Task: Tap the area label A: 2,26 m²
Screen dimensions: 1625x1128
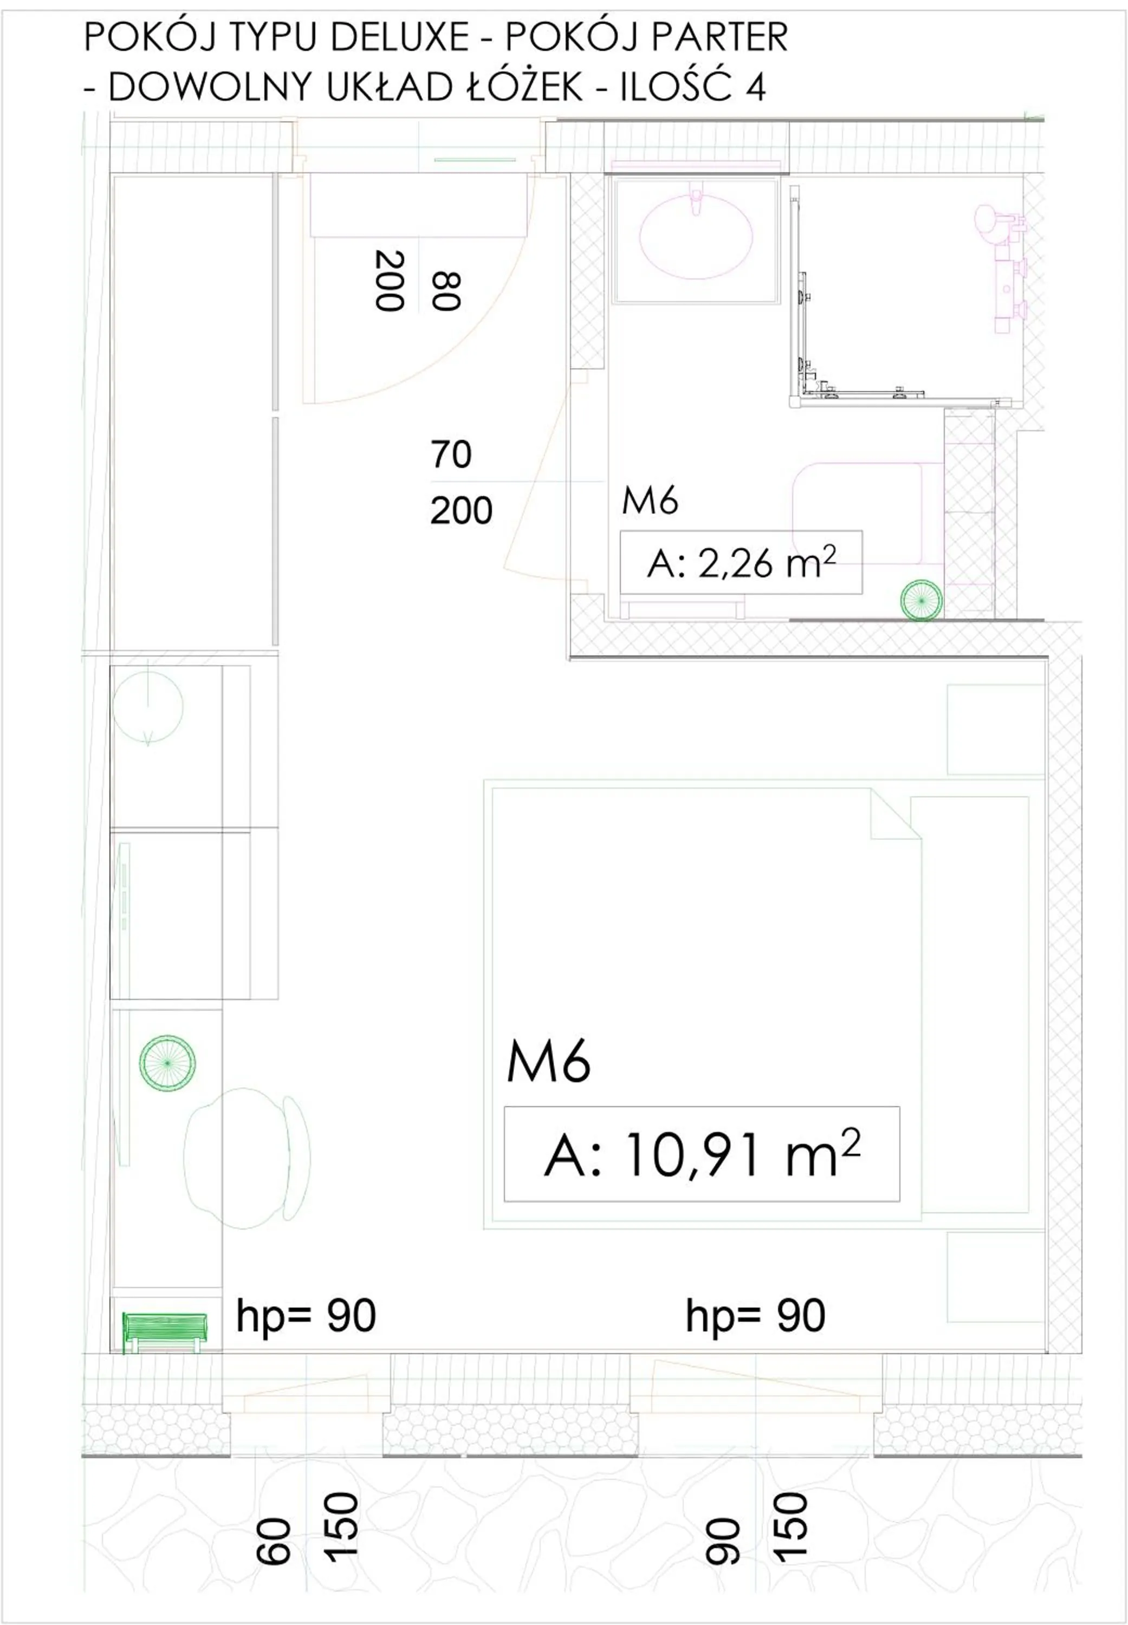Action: click(x=741, y=563)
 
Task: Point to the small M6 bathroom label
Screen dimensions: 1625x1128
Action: click(x=650, y=501)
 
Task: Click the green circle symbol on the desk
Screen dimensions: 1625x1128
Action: click(x=167, y=1063)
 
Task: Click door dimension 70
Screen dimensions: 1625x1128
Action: click(x=451, y=454)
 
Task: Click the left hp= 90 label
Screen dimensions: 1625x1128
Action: click(x=306, y=1316)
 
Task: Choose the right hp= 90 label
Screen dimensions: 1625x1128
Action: click(x=755, y=1316)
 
